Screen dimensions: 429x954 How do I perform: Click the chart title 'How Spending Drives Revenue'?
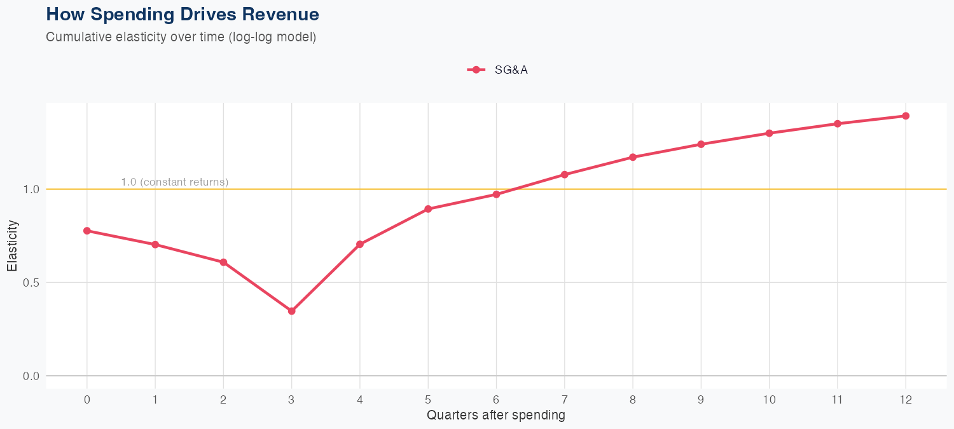tap(183, 14)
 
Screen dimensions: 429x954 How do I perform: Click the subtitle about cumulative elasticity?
tap(181, 37)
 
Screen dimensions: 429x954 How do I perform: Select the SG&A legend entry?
tap(497, 70)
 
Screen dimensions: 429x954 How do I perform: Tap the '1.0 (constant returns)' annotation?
tap(174, 182)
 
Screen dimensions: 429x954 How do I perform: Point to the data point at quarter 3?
tap(291, 311)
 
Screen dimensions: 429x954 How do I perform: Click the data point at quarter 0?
tap(87, 231)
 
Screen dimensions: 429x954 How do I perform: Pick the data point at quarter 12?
tap(906, 116)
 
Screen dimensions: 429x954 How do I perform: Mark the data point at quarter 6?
tap(496, 194)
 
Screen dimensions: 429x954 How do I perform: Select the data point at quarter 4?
tap(360, 244)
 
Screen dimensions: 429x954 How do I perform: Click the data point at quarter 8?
tap(633, 157)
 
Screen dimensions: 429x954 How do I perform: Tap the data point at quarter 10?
tap(769, 133)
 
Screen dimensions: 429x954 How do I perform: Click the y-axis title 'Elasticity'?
tap(13, 245)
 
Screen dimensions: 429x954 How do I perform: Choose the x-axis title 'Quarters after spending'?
tap(495, 416)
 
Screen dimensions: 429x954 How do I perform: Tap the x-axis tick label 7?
tap(564, 400)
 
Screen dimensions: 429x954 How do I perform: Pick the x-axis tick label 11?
tap(837, 400)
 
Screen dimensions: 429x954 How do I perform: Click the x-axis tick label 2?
tap(223, 400)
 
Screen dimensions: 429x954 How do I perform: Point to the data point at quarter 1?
tap(155, 245)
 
